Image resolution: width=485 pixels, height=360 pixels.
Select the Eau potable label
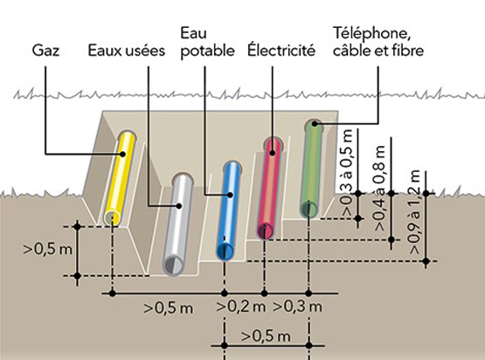pyautogui.click(x=206, y=42)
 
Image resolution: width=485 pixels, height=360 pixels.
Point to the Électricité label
pyautogui.click(x=281, y=50)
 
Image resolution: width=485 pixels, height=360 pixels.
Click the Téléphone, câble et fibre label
pyautogui.click(x=378, y=42)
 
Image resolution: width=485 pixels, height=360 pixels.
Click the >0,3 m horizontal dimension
pyautogui.click(x=299, y=307)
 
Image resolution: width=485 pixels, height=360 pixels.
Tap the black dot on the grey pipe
pyautogui.click(x=177, y=207)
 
